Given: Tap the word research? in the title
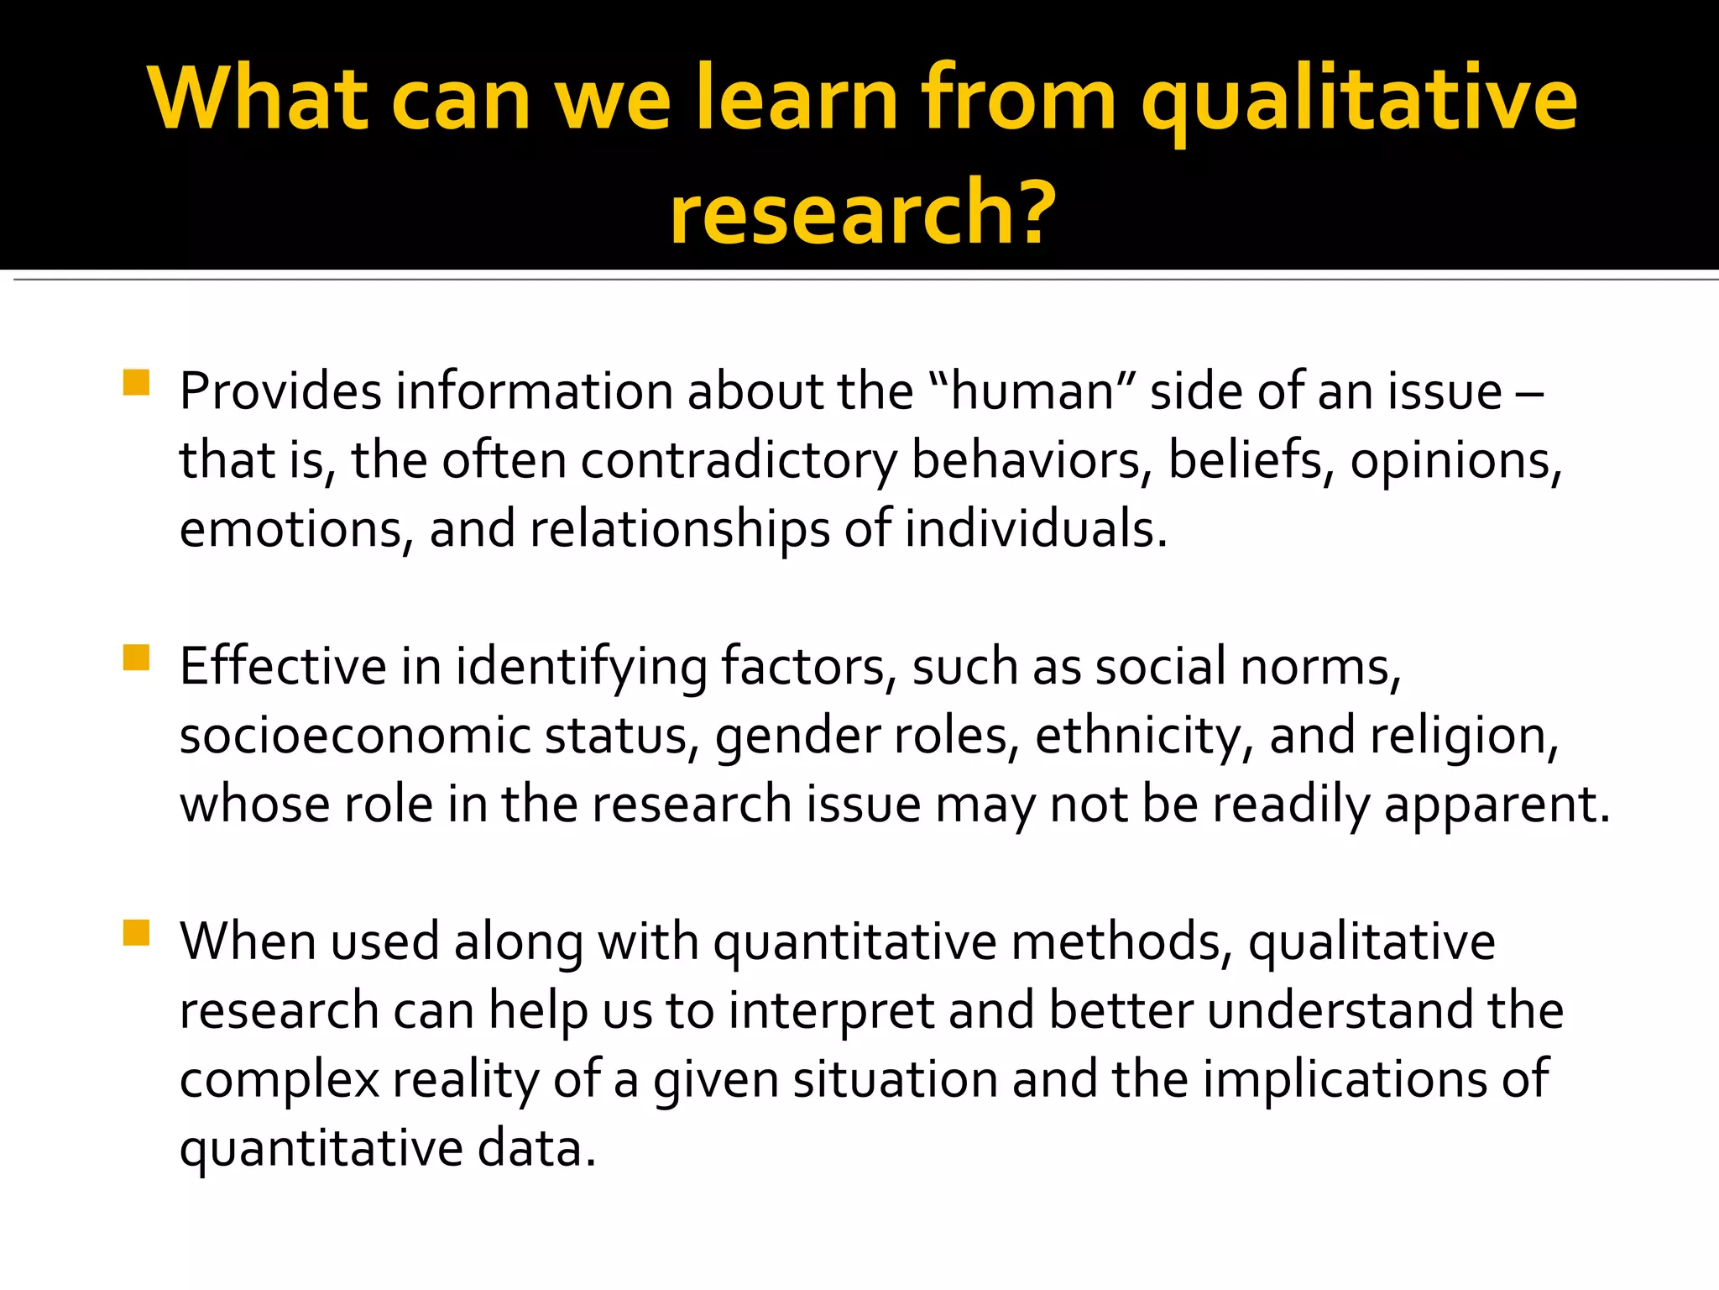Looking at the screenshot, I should tap(862, 212).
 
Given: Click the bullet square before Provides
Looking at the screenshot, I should tap(136, 383).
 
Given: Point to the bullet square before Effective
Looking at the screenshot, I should tap(136, 658).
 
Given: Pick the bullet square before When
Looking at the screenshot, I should tap(136, 933).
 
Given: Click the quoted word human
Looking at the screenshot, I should tap(1032, 391).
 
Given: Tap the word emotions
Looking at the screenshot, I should tap(290, 529).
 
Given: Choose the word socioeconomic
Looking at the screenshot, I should tap(354, 736).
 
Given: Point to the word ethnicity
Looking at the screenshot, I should tap(1136, 736).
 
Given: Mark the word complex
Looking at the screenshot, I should tap(279, 1079).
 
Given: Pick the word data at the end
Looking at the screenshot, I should tap(535, 1148).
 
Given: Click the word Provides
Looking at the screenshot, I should tap(280, 391).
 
